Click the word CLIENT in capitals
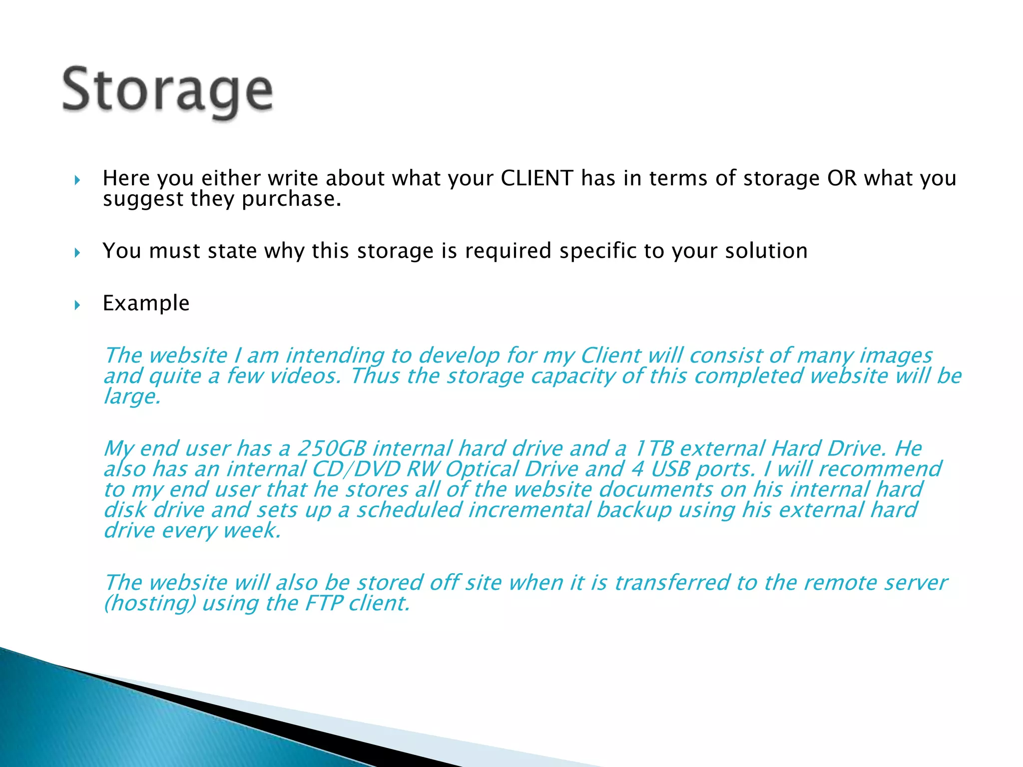pyautogui.click(x=536, y=178)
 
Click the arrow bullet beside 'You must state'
pyautogui.click(x=77, y=253)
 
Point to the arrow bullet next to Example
pyautogui.click(x=77, y=305)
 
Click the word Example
pyautogui.click(x=146, y=303)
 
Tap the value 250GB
pyautogui.click(x=331, y=448)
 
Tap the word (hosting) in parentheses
pyautogui.click(x=149, y=603)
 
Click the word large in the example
pyautogui.click(x=131, y=396)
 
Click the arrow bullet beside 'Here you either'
pyautogui.click(x=77, y=180)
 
